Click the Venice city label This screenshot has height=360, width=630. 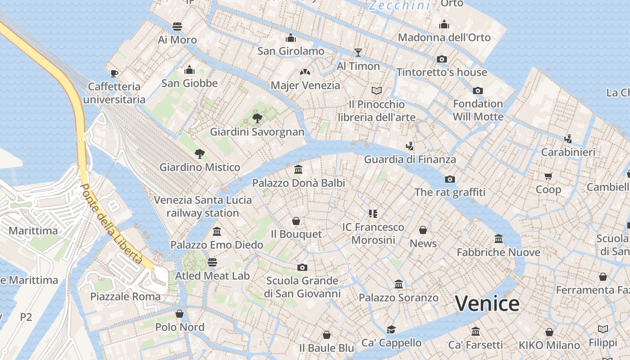[487, 304]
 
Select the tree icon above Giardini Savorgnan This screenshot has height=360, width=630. [257, 118]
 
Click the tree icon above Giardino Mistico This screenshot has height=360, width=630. [200, 154]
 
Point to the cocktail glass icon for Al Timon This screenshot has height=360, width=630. [358, 53]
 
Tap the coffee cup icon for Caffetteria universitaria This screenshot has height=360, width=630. [114, 73]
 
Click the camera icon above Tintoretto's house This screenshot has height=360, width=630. [441, 59]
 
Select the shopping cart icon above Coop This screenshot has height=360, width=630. [548, 176]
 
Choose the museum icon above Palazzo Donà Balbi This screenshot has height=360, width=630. [298, 170]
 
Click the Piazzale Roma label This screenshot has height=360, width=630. [125, 297]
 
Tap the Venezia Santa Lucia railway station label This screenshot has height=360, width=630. [202, 206]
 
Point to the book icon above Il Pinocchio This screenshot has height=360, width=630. [376, 90]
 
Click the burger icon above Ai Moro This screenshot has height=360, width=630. [177, 26]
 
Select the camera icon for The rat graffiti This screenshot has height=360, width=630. [450, 179]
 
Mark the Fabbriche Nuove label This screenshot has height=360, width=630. [498, 252]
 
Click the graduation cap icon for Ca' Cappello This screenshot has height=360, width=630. [391, 329]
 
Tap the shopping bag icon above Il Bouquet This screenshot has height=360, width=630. [296, 221]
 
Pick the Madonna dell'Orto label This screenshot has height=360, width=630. [444, 37]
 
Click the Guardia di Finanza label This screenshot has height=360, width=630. [409, 159]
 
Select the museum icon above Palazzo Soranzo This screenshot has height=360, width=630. [398, 284]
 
